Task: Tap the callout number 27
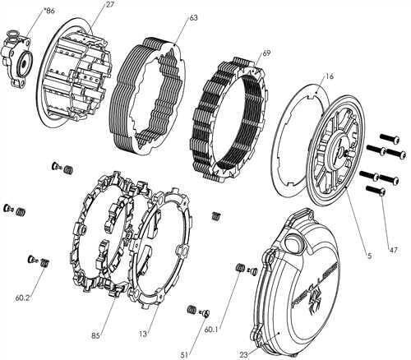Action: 109,7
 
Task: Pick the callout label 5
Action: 369,256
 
